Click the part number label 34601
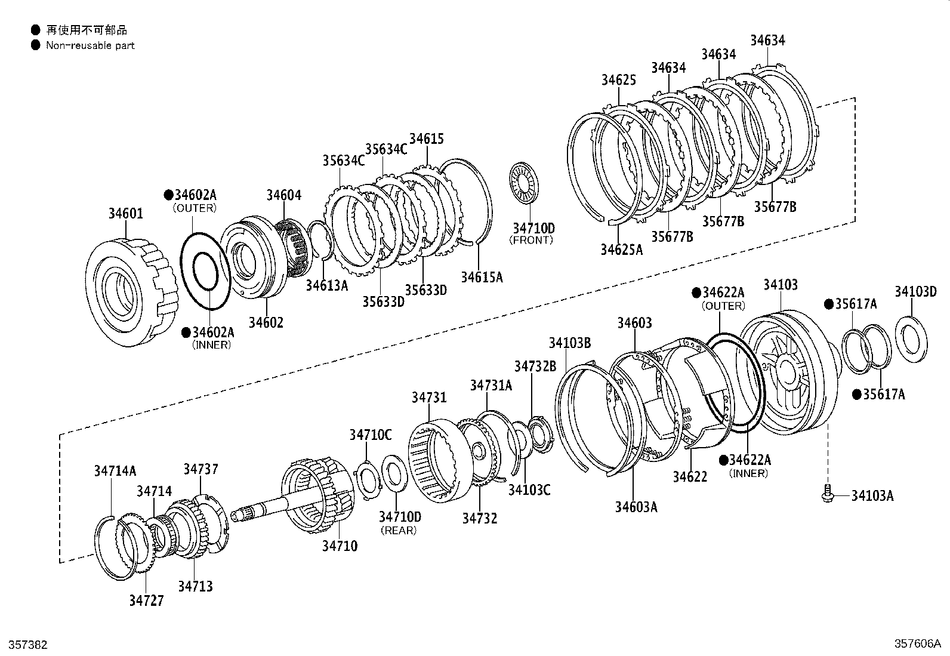[125, 213]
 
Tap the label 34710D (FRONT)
[533, 228]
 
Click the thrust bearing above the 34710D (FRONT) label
[525, 182]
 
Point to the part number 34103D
[915, 292]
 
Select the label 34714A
[115, 471]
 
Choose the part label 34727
[146, 600]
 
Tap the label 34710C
[371, 435]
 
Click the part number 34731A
[491, 385]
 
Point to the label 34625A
[621, 250]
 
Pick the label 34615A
[482, 277]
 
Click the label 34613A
[326, 285]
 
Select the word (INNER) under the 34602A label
[211, 345]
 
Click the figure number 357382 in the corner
[24, 645]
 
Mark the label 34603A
[636, 507]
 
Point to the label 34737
[201, 469]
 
